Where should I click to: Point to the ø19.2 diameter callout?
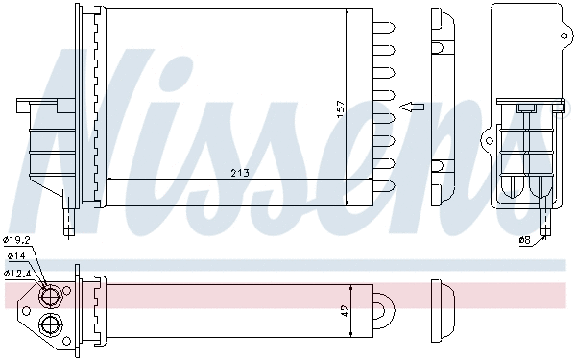click(x=18, y=241)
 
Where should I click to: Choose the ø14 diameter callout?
click(x=16, y=256)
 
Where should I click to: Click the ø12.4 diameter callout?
click(x=18, y=273)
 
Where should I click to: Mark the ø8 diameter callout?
click(x=524, y=240)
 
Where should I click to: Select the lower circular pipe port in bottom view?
click(x=50, y=322)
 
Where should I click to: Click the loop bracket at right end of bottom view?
click(x=385, y=309)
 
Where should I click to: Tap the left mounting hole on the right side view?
click(x=489, y=143)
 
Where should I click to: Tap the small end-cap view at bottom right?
click(x=443, y=309)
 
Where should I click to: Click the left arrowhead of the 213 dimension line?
click(x=108, y=179)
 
